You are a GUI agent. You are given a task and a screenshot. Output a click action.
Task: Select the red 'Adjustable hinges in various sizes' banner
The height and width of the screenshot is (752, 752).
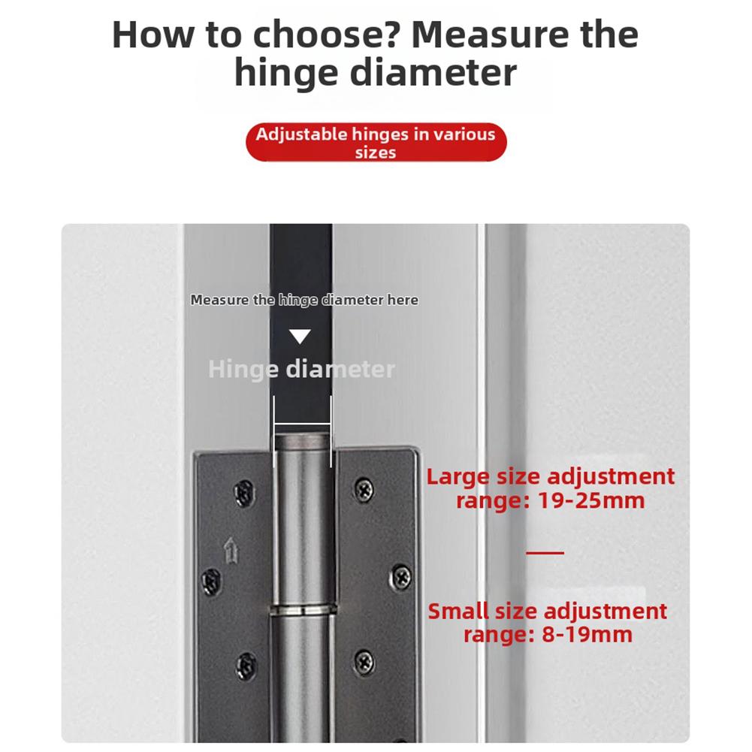point(376,143)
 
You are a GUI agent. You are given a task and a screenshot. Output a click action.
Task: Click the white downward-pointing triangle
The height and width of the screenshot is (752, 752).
point(300,337)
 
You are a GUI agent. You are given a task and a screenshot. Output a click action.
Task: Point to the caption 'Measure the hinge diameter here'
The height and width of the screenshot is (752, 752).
point(304,300)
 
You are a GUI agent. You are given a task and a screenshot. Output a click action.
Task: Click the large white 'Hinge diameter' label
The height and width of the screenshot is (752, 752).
point(301,369)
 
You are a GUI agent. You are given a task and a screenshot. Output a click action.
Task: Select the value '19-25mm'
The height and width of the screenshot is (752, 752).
point(591,500)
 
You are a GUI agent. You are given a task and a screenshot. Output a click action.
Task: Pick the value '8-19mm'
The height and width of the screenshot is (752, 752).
point(587,635)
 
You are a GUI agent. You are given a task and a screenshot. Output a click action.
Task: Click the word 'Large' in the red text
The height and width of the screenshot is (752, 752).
point(459,477)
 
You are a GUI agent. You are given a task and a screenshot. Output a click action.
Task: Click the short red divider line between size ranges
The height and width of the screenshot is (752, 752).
point(545,553)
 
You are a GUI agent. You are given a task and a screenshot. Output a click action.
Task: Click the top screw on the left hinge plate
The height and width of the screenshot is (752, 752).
point(243,492)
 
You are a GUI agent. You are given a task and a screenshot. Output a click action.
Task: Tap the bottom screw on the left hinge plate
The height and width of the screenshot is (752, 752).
point(246,664)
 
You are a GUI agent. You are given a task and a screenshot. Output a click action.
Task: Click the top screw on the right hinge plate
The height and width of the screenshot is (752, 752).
point(364,488)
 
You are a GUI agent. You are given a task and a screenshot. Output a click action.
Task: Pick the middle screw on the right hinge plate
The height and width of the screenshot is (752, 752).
point(402,577)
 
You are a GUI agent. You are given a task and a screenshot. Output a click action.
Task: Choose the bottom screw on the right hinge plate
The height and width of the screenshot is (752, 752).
point(364,661)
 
